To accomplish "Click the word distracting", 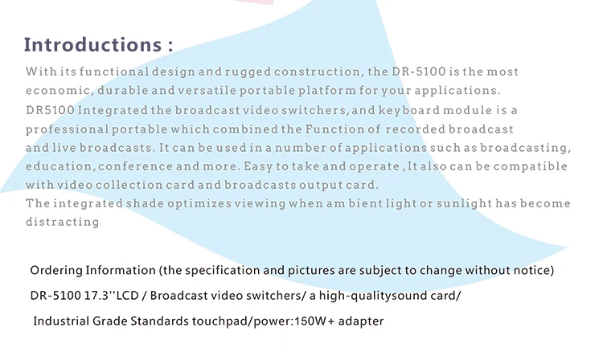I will tap(62, 222).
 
